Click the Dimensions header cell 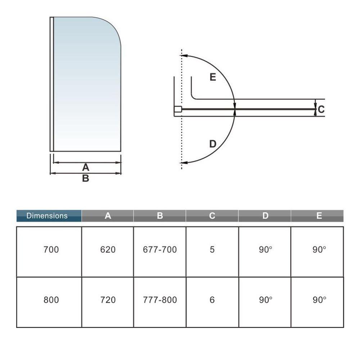pyautogui.click(x=49, y=216)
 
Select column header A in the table pyautogui.click(x=108, y=216)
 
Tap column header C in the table pyautogui.click(x=212, y=216)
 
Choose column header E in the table pyautogui.click(x=319, y=216)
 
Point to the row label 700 pyautogui.click(x=51, y=249)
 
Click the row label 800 pyautogui.click(x=51, y=300)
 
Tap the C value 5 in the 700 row pyautogui.click(x=212, y=249)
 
